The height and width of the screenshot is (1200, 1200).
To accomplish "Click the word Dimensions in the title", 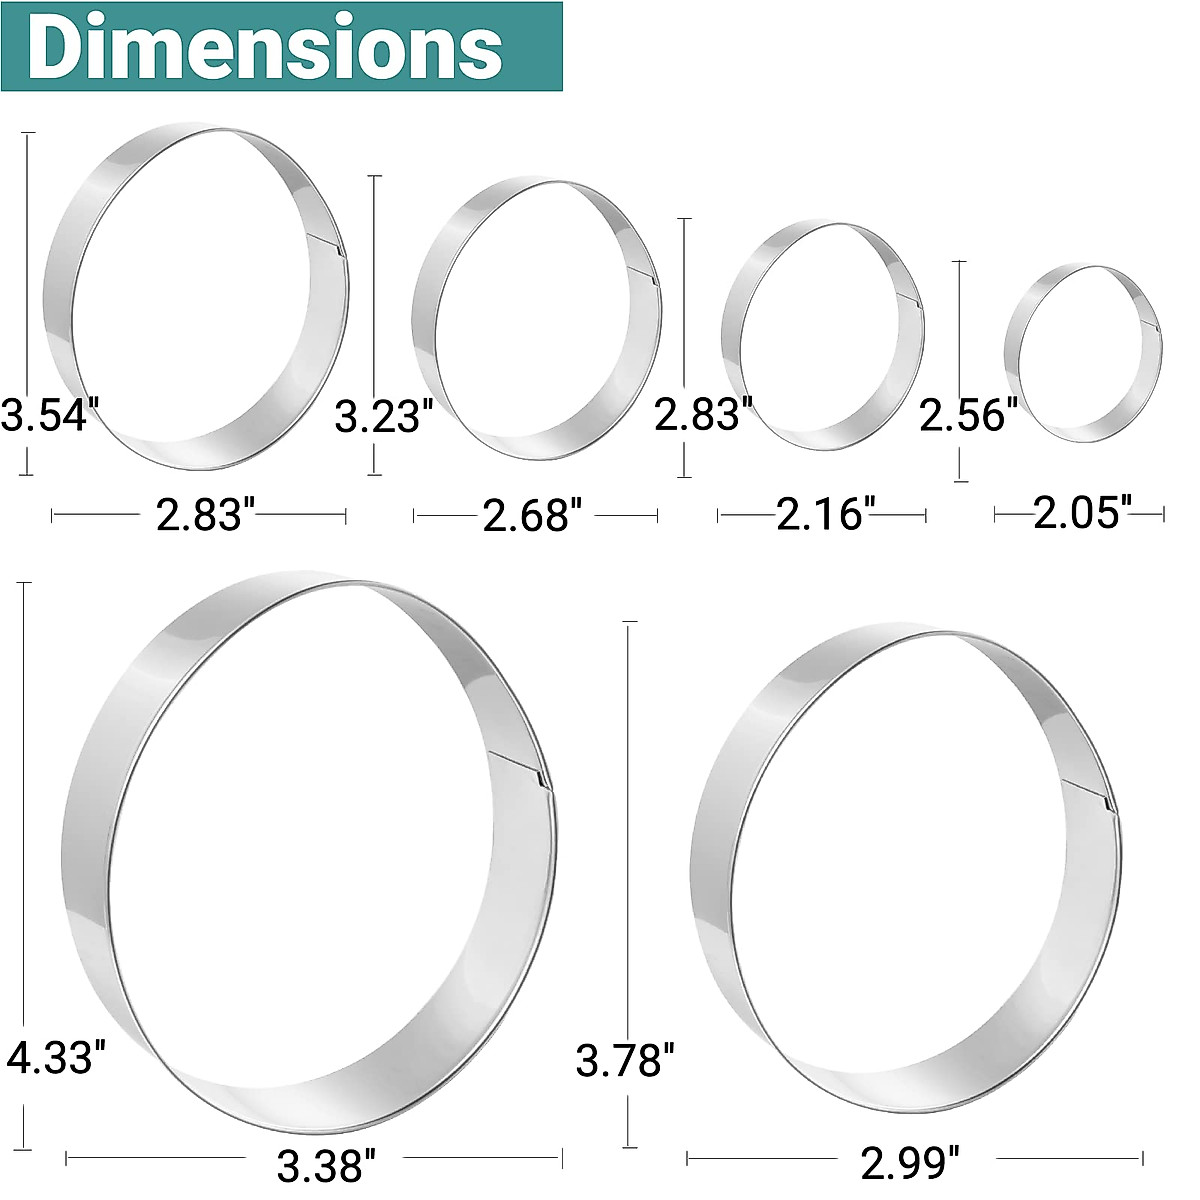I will (x=264, y=47).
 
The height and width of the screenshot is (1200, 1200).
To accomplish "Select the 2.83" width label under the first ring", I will (x=200, y=515).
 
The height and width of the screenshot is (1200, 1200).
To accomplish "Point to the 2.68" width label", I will (x=532, y=516).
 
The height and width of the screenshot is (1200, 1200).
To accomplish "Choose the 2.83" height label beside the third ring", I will (x=703, y=414).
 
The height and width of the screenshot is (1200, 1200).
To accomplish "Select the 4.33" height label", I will (x=55, y=1056).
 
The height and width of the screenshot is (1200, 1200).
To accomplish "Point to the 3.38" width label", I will (x=326, y=1164).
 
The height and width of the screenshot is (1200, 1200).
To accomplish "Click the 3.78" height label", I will (x=625, y=1060).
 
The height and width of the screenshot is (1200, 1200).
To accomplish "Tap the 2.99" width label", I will (x=910, y=1163).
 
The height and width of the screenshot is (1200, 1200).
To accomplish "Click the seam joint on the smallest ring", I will (x=1157, y=330).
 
